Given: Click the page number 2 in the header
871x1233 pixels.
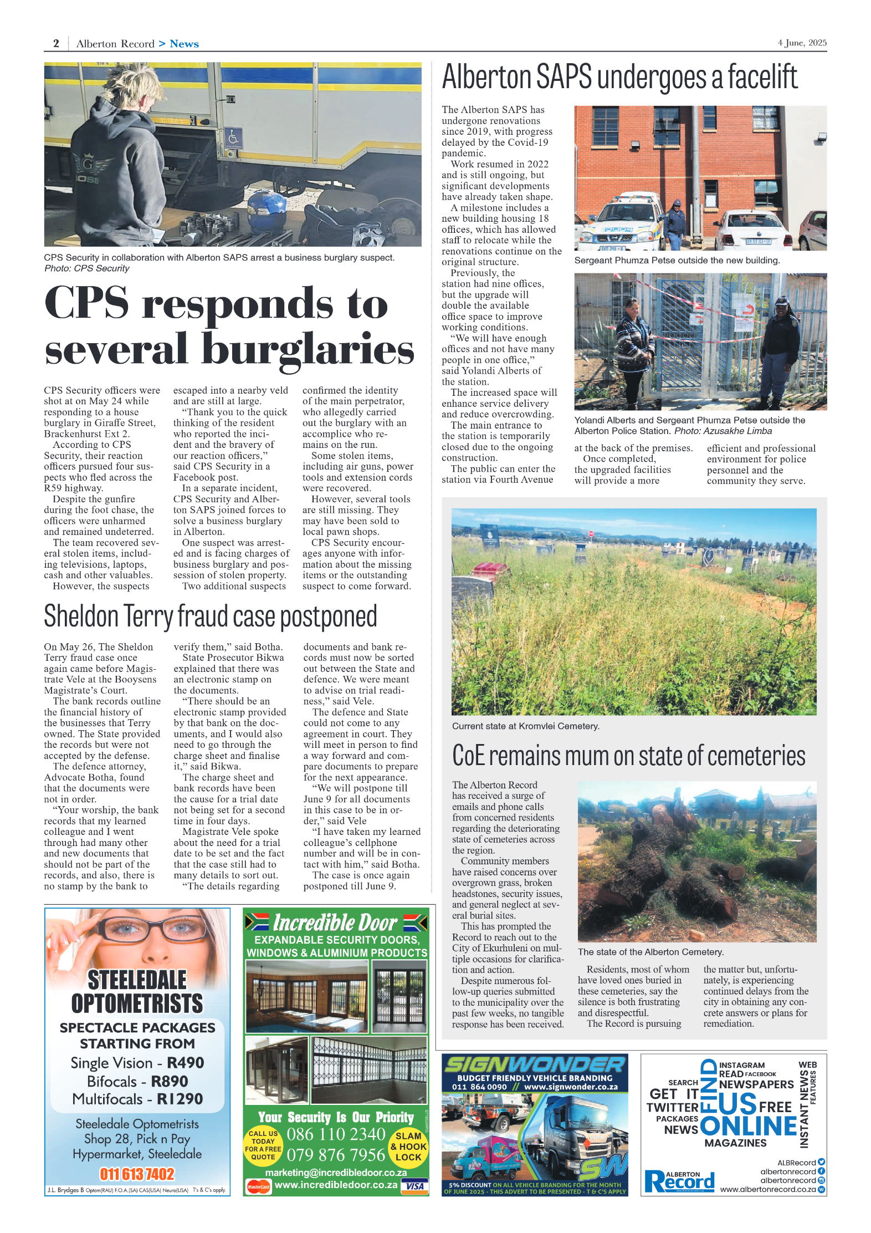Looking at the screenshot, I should point(56,43).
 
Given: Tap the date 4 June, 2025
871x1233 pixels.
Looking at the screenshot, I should point(802,43).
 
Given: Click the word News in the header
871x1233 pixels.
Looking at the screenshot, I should point(184,44).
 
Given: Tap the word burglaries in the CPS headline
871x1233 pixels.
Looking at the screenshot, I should point(308,349).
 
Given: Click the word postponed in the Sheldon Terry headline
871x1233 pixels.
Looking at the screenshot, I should point(329,616).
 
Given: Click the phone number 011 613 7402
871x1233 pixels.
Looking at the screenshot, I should point(137,1174).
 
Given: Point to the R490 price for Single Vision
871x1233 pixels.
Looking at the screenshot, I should point(185,1063).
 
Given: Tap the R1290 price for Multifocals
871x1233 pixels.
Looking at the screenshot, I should point(180,1098).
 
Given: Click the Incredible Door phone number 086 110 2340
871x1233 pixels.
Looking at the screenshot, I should point(336,1134).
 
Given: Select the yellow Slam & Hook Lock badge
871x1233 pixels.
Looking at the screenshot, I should point(408,1147).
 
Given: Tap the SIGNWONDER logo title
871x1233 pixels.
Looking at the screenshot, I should point(535,1064).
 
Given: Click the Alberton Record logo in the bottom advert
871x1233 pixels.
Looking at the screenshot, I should point(679,1181).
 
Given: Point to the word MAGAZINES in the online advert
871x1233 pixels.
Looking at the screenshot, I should point(735,1143).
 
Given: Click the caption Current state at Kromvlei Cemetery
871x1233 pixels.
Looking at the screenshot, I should point(525,726).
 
